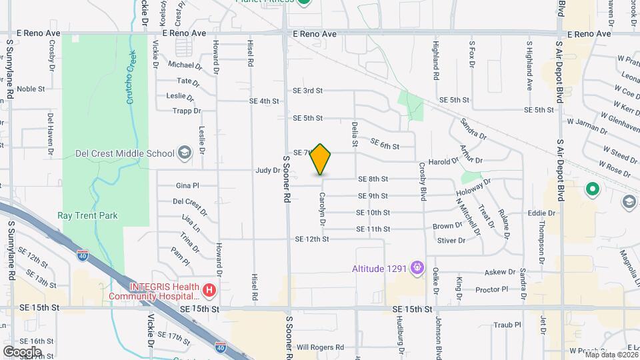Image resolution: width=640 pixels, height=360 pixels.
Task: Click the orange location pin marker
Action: click(x=321, y=160)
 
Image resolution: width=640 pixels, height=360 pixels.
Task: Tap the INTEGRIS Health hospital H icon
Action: click(x=209, y=291)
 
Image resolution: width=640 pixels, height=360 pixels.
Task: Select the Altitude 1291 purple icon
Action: click(x=418, y=269)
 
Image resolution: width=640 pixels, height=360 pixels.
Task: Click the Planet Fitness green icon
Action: click(x=304, y=2)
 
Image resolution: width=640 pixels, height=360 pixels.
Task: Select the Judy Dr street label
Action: click(x=267, y=170)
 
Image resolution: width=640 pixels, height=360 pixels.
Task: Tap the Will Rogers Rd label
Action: click(x=320, y=347)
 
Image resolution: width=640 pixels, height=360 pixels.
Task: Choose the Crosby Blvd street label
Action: click(x=423, y=181)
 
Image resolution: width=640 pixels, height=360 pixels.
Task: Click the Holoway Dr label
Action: click(x=473, y=187)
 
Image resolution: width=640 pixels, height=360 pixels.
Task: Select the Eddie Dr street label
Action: click(x=541, y=213)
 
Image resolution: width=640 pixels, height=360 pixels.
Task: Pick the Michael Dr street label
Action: click(x=185, y=65)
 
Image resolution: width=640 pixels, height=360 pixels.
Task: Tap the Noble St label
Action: click(x=31, y=89)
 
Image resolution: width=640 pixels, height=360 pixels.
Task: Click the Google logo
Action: click(x=22, y=351)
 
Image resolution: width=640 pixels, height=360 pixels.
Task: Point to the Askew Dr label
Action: click(x=500, y=272)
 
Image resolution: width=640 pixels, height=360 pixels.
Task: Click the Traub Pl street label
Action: click(x=507, y=325)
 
